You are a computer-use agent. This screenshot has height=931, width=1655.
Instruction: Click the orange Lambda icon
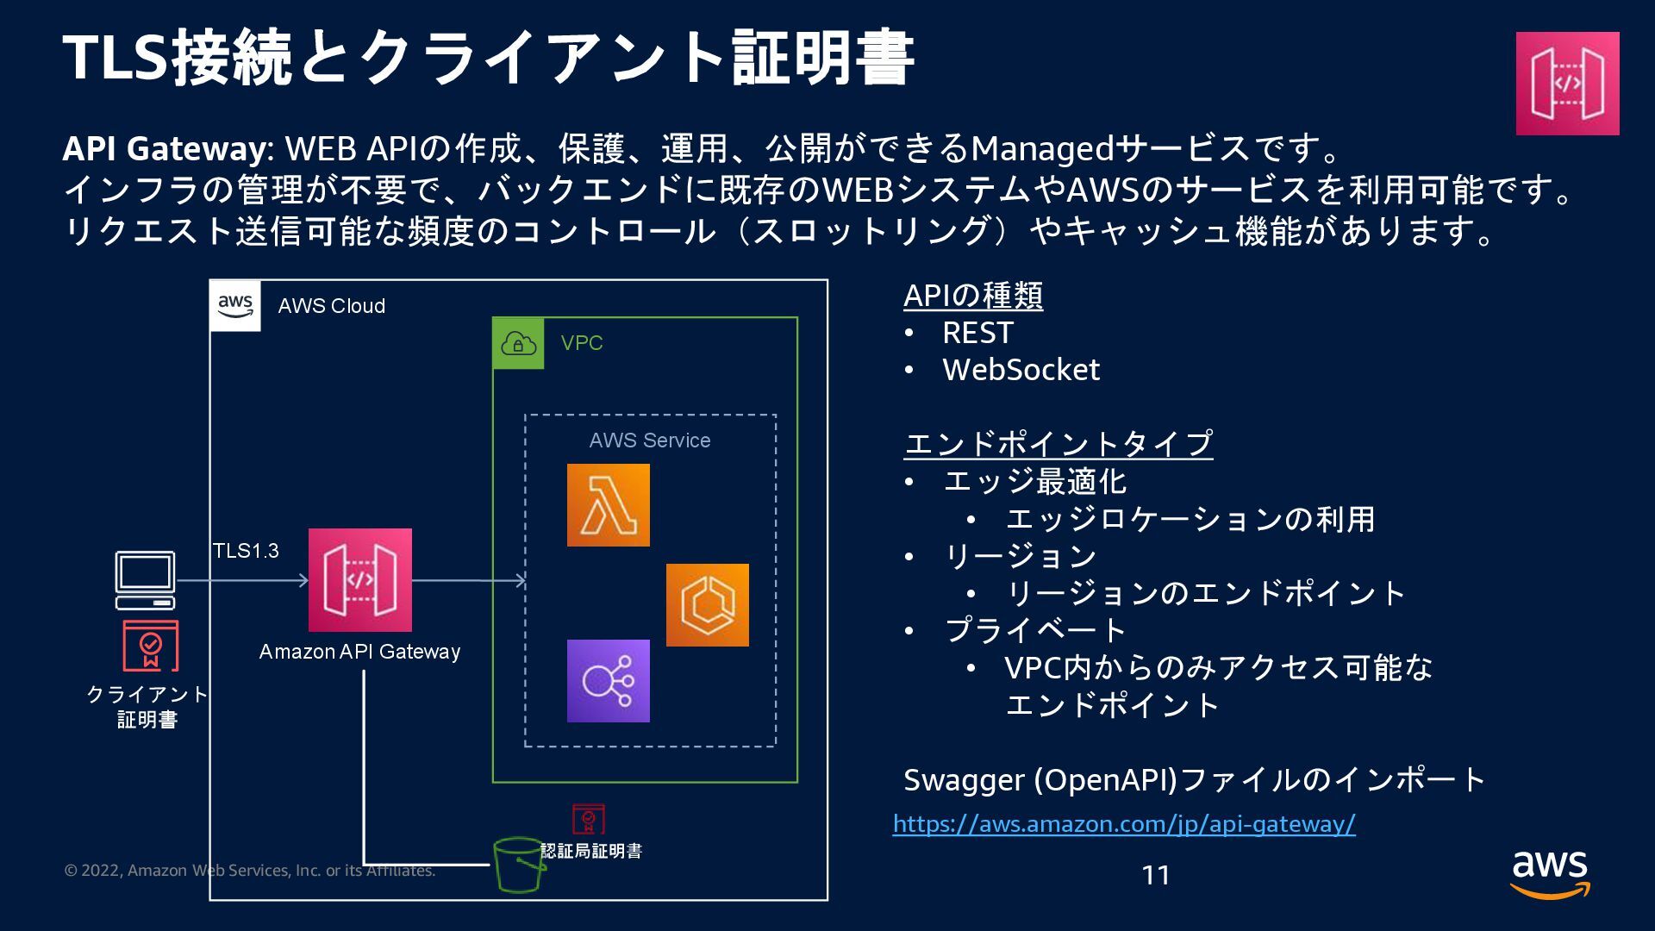[x=608, y=505]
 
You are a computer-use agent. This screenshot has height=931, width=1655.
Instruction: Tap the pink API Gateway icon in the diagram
[x=359, y=580]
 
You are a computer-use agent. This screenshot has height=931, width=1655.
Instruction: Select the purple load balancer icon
[x=608, y=681]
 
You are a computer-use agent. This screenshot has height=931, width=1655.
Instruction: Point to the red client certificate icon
[x=151, y=646]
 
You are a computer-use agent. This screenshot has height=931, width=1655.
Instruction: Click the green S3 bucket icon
[x=519, y=865]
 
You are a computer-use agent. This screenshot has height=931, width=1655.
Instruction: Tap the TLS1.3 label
[x=246, y=551]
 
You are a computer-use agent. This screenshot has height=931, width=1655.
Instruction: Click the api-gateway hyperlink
[x=1124, y=824]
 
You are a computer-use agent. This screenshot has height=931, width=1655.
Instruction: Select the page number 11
[x=1155, y=876]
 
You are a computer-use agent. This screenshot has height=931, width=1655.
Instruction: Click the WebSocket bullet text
[x=1021, y=370]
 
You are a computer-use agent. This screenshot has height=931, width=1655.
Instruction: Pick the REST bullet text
[x=977, y=333]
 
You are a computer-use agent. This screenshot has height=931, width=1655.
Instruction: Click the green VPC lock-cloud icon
[x=518, y=343]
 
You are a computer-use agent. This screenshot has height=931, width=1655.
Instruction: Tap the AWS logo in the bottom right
[x=1549, y=874]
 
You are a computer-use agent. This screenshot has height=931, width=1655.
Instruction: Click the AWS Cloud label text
[x=331, y=306]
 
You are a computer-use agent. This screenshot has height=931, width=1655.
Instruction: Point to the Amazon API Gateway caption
[x=359, y=652]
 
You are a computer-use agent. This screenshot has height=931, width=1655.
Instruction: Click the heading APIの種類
[x=973, y=296]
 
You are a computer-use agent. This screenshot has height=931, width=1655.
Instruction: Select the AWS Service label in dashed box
[x=649, y=441]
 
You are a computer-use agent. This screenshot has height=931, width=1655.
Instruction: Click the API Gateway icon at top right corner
[x=1567, y=84]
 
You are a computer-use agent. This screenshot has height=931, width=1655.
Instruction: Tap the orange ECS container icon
[x=707, y=605]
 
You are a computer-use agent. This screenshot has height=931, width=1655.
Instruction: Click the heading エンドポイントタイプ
[x=1059, y=444]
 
